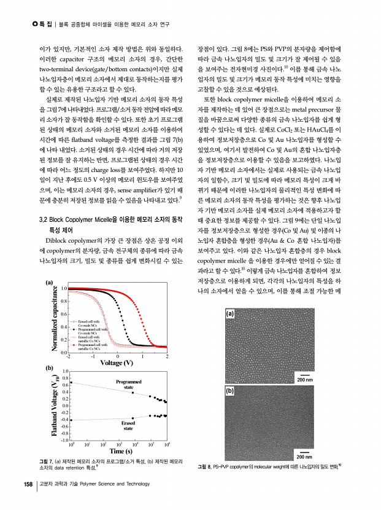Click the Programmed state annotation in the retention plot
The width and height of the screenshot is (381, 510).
pos(129,385)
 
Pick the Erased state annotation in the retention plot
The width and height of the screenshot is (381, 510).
pos(128,426)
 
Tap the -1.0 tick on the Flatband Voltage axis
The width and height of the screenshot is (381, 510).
pos(64,440)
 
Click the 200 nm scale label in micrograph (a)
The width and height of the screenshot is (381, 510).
pos(305,380)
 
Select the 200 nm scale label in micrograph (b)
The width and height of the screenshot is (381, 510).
pos(305,457)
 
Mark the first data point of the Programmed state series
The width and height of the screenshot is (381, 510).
pos(71,383)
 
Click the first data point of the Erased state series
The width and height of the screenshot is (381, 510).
pos(71,420)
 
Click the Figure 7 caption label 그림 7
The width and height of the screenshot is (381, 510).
pos(46,461)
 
